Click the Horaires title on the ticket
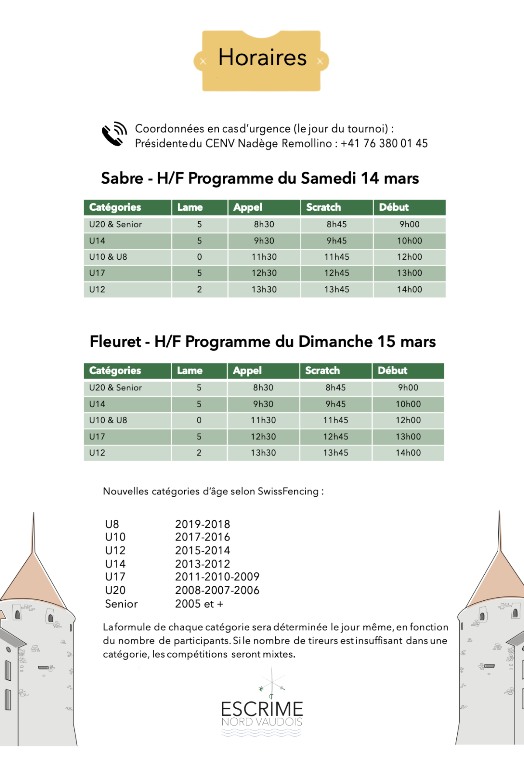(x=262, y=58)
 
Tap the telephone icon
(x=113, y=134)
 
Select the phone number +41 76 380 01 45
(x=384, y=143)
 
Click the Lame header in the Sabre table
(x=190, y=207)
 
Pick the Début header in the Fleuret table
(x=392, y=371)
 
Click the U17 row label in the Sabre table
(x=97, y=273)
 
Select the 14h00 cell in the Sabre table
(x=409, y=289)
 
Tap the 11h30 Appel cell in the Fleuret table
(x=263, y=420)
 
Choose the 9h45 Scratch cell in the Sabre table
(x=337, y=241)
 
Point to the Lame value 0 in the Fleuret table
(x=199, y=420)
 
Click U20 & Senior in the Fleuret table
(x=115, y=388)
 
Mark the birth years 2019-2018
(x=202, y=524)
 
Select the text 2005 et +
(x=199, y=604)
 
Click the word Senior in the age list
(x=121, y=604)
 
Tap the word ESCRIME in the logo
(x=262, y=709)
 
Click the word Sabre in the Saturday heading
(x=122, y=178)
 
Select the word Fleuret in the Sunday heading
(x=115, y=341)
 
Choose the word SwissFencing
(x=288, y=491)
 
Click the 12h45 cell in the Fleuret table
(x=335, y=437)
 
